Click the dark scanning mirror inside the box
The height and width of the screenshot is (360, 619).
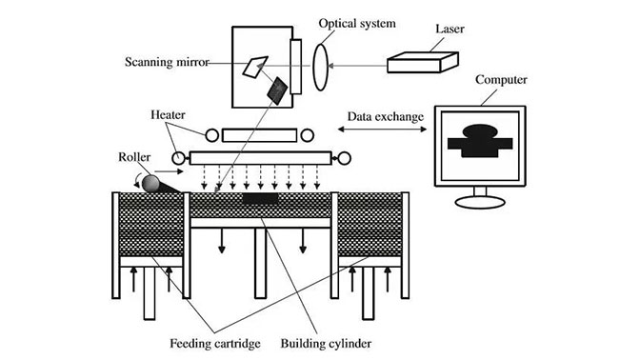(276, 90)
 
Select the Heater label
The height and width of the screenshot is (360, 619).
(168, 114)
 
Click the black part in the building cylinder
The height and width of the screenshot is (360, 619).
(260, 199)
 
